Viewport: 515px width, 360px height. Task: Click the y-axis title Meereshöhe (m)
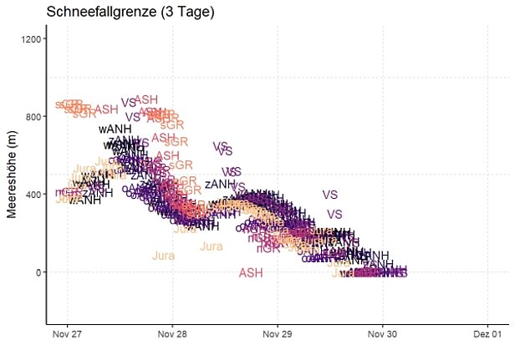coord(13,175)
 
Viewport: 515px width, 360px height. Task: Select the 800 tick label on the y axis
coord(34,117)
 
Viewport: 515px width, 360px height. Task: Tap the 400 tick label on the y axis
coord(34,195)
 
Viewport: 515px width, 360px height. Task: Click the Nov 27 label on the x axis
coord(68,334)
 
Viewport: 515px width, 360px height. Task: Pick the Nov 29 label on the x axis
coord(278,334)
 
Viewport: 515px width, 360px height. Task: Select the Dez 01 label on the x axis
coord(487,334)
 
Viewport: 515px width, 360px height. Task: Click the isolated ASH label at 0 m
coord(251,273)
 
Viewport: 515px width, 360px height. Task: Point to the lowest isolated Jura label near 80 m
coord(164,256)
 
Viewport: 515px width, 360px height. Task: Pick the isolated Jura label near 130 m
coord(212,246)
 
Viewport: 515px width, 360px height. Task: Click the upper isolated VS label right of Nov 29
coord(330,195)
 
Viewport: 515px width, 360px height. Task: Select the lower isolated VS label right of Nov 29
coord(334,215)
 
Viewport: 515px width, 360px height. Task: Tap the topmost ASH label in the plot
coord(146,99)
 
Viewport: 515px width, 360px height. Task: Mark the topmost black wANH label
coord(115,129)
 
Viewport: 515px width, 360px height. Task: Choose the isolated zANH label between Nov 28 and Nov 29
coord(220,184)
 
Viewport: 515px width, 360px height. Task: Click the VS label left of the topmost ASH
coord(128,103)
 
